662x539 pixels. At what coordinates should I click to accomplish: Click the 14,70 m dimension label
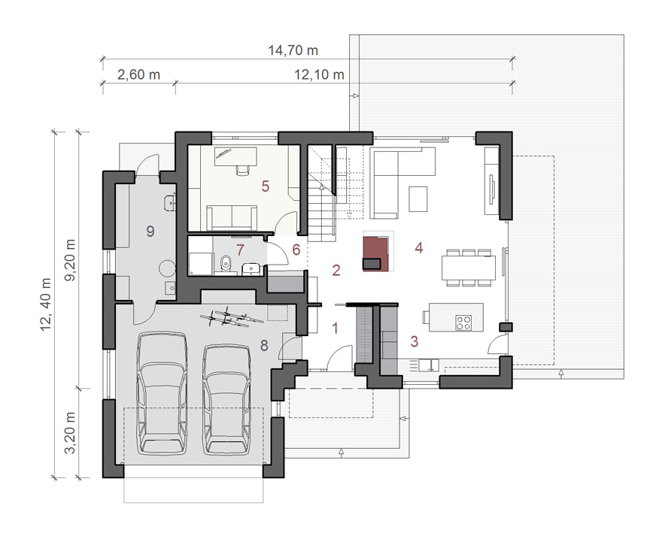[293, 50]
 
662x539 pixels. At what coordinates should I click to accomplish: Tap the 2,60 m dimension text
[138, 75]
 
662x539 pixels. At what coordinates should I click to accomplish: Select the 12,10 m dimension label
[319, 75]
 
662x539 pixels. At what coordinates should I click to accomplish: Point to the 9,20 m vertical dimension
[70, 260]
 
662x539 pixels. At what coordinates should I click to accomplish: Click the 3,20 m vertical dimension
[70, 433]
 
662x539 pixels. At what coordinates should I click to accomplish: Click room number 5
[265, 186]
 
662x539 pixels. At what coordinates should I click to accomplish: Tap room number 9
[150, 231]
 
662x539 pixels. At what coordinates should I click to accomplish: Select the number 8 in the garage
[264, 346]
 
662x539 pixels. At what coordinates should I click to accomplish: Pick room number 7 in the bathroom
[240, 250]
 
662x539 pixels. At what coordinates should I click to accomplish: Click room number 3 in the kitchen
[415, 341]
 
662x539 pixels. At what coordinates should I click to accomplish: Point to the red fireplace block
[376, 253]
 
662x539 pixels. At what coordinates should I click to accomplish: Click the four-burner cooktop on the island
[463, 322]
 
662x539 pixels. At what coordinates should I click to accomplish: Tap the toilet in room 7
[226, 263]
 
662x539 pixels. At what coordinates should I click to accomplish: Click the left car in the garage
[162, 393]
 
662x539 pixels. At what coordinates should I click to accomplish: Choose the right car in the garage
[226, 400]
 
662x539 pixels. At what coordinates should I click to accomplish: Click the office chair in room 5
[243, 170]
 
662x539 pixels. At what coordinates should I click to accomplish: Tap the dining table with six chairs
[469, 268]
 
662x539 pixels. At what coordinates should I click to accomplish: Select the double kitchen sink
[429, 365]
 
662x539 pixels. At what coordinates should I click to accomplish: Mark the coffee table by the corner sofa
[418, 198]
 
